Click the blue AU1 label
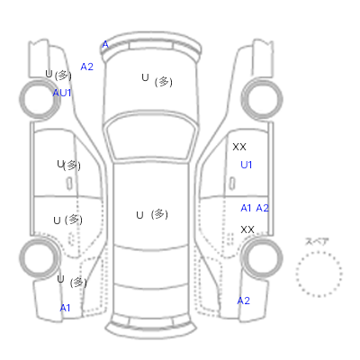click(x=62, y=93)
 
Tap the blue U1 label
click(x=247, y=165)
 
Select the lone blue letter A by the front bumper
click(x=105, y=45)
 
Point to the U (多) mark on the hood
click(x=157, y=80)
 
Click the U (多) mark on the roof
click(x=152, y=214)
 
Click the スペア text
click(x=317, y=241)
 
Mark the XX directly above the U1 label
click(x=239, y=147)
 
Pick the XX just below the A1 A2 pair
click(x=247, y=229)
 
